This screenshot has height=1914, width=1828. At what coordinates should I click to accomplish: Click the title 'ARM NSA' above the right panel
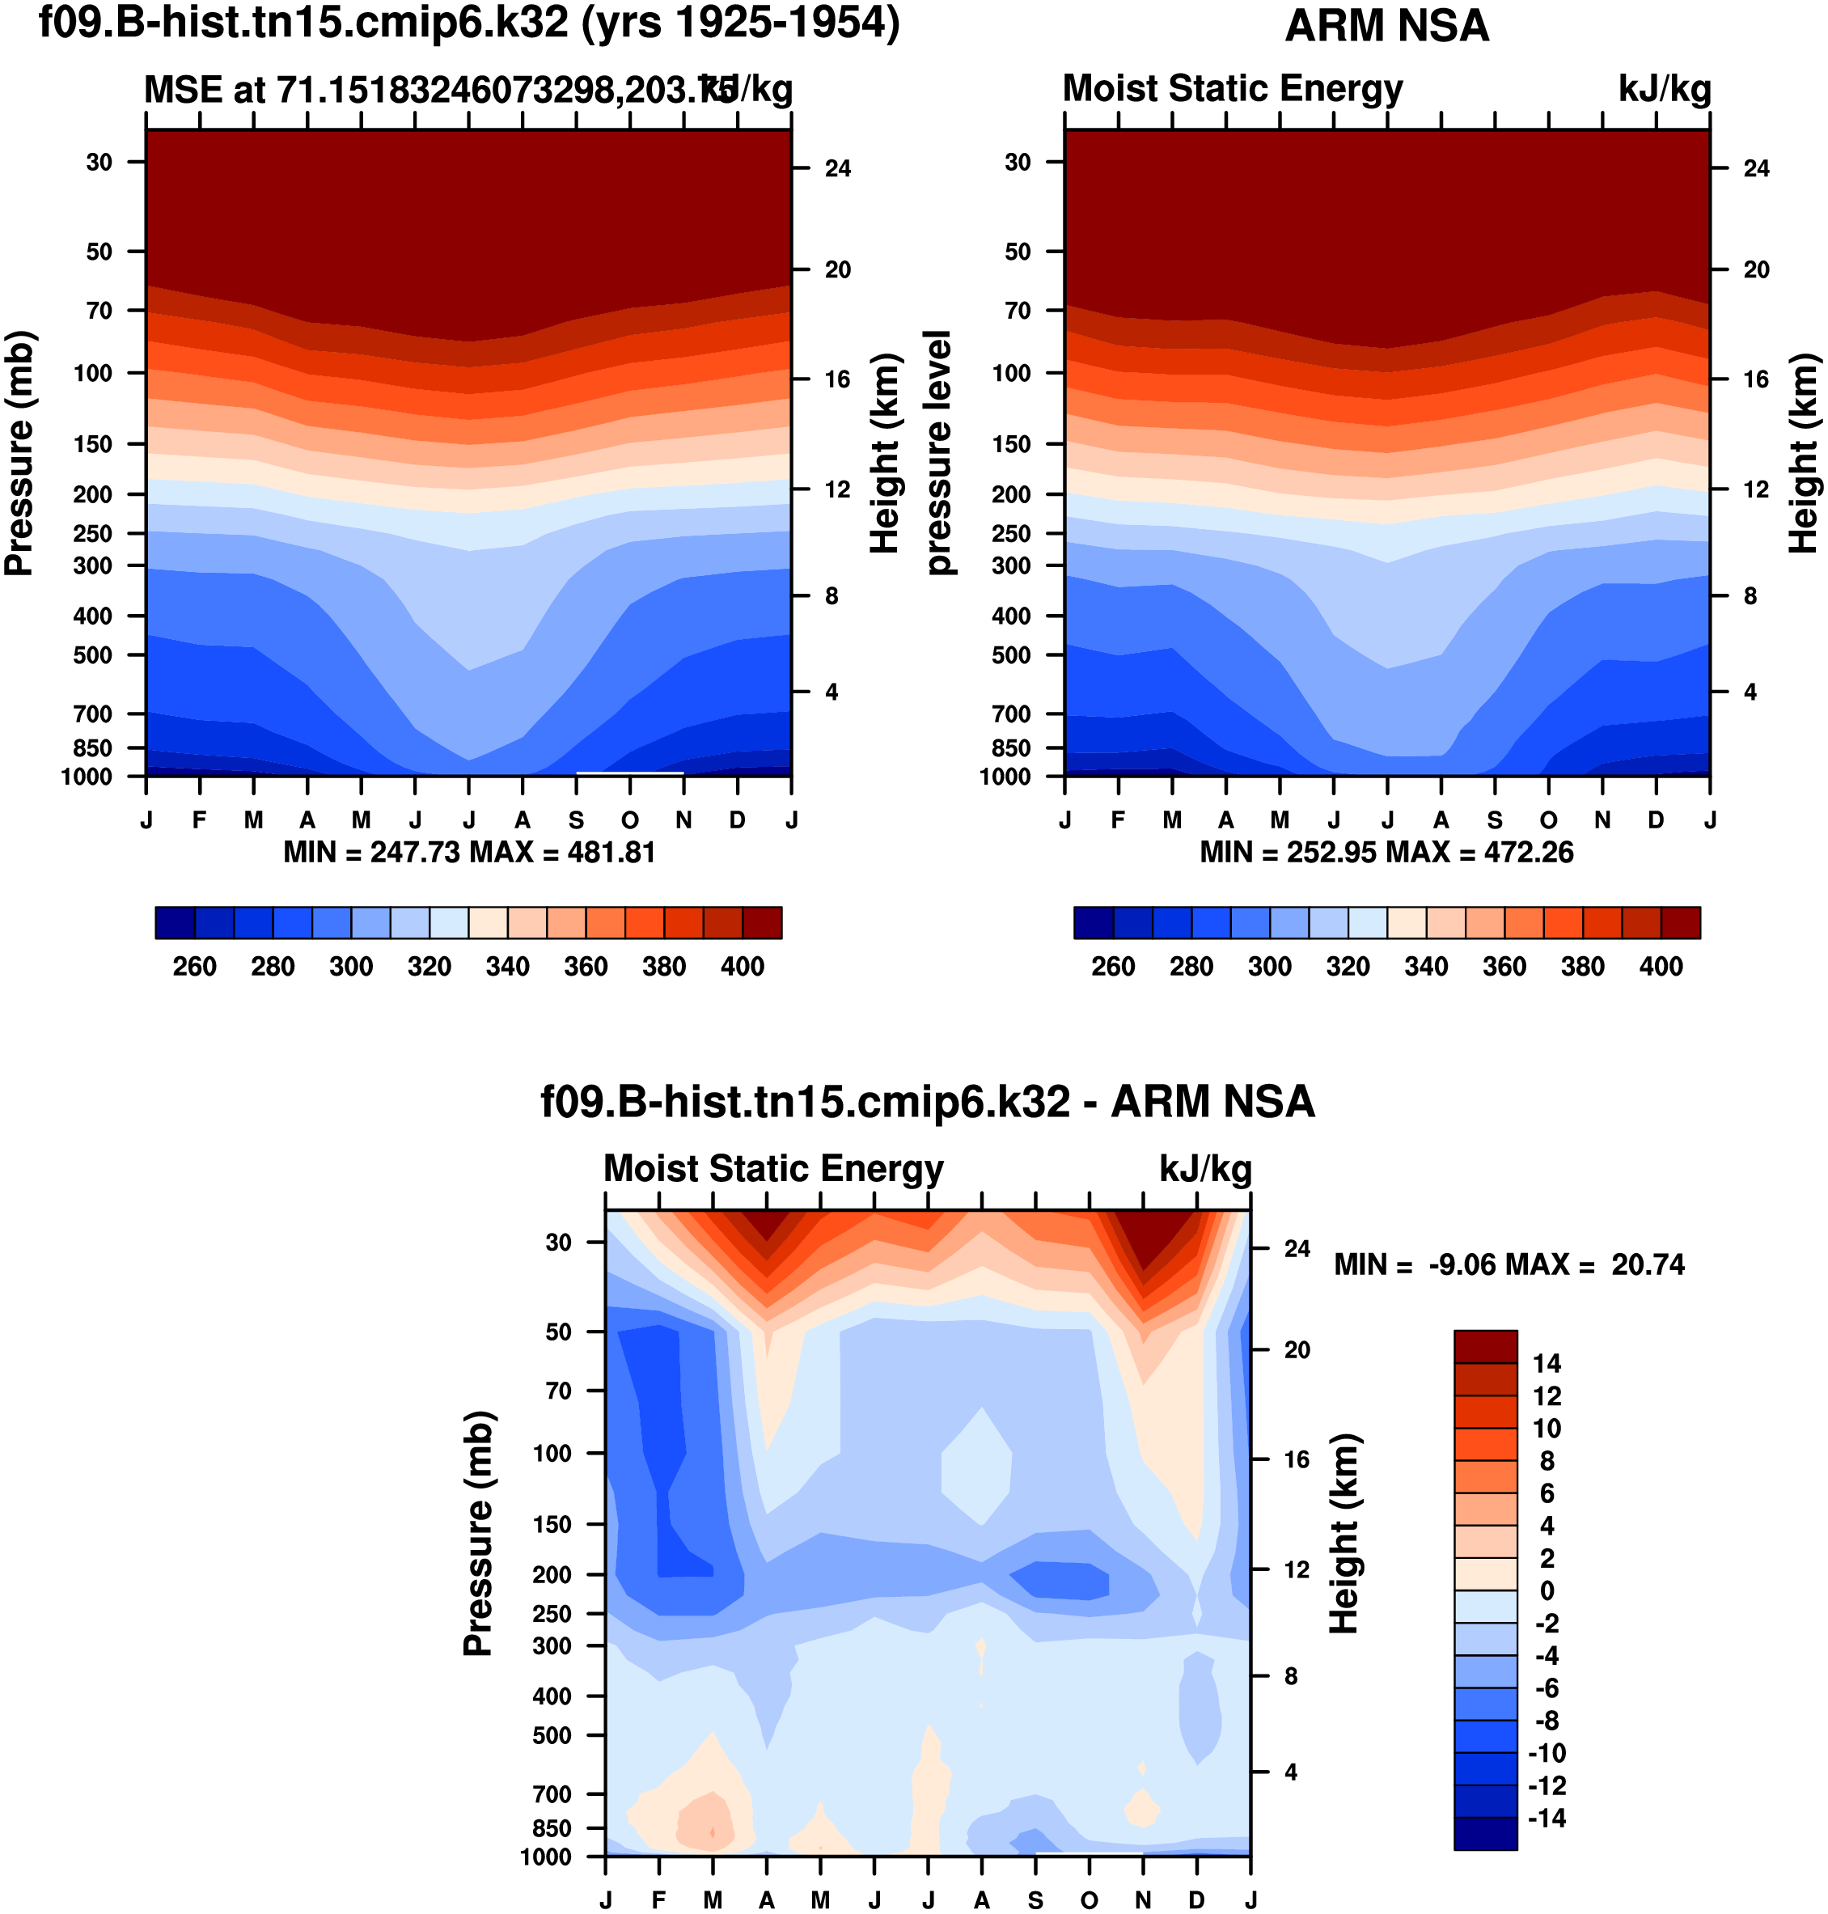tap(1386, 27)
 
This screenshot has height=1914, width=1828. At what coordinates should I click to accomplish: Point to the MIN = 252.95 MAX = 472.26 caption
tap(1386, 853)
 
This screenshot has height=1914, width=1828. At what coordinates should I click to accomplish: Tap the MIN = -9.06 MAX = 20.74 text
tap(1509, 1265)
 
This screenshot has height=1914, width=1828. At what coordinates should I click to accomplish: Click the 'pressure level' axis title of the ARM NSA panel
tap(937, 452)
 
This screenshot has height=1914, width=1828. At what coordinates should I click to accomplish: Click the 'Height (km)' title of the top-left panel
tap(884, 454)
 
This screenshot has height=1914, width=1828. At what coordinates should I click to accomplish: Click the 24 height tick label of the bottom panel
tap(1297, 1248)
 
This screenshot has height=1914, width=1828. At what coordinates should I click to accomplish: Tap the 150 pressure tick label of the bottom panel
tap(552, 1524)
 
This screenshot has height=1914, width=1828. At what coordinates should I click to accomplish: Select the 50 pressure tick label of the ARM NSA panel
tap(1018, 252)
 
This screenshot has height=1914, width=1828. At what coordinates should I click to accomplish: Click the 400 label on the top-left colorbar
tap(743, 967)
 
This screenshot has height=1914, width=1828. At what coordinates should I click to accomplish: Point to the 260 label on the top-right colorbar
tap(1113, 967)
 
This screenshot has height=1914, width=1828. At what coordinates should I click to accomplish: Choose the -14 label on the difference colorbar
tap(1547, 1819)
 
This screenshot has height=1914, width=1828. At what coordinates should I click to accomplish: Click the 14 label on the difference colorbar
tap(1547, 1363)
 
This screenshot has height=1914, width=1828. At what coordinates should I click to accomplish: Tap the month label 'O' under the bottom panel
tap(1090, 1900)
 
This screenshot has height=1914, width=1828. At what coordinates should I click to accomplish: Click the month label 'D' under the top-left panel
tap(738, 820)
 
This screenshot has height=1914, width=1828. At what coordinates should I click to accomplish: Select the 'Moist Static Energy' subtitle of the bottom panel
tap(774, 1168)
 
